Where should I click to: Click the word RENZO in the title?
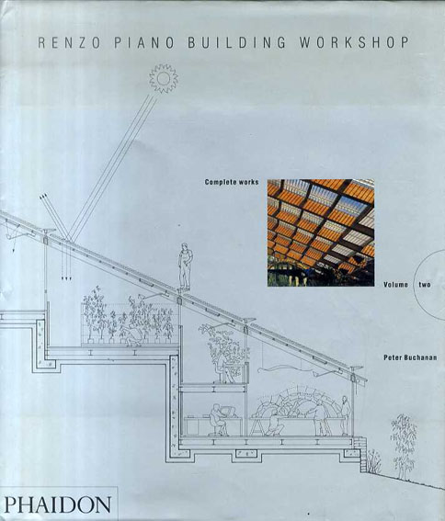(x=70, y=43)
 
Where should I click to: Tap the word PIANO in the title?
(x=144, y=43)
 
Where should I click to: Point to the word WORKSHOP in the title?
(x=354, y=43)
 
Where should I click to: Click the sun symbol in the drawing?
(x=164, y=78)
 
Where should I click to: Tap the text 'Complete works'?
(x=232, y=182)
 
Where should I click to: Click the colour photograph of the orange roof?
(x=321, y=232)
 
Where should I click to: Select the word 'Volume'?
(x=395, y=285)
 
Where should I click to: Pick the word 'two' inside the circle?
(x=425, y=285)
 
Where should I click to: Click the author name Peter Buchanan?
(x=410, y=357)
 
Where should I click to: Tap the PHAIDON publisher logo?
(x=58, y=504)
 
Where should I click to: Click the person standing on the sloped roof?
(x=185, y=266)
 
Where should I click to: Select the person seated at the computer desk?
(x=218, y=420)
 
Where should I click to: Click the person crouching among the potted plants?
(x=131, y=334)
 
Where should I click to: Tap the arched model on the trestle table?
(x=296, y=402)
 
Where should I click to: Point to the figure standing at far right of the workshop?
(x=345, y=415)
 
